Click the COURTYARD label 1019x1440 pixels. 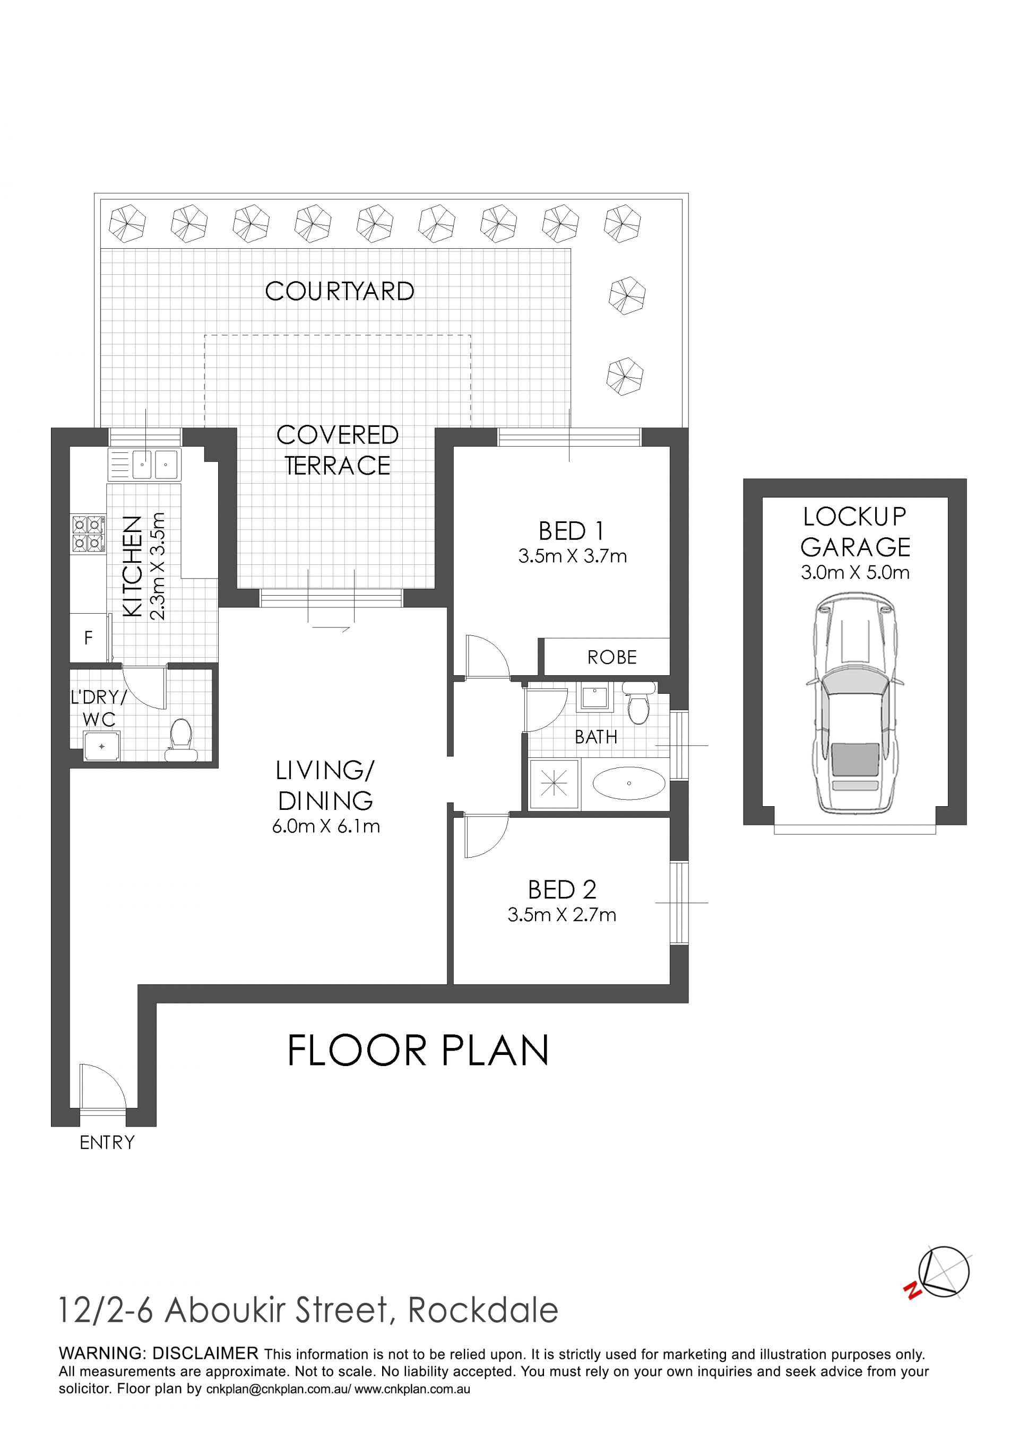(x=340, y=291)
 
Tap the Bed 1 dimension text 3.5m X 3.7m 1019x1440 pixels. (x=572, y=556)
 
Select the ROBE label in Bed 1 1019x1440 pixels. (x=612, y=657)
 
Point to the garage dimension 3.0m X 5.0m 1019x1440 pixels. (x=854, y=572)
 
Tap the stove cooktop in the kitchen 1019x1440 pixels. (x=88, y=533)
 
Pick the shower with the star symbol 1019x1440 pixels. (x=554, y=783)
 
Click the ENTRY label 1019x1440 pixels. (x=107, y=1142)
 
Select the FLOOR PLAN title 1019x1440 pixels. (x=418, y=1051)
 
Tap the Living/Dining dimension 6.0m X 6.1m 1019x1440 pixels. (x=326, y=827)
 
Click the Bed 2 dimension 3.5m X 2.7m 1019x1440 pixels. (x=562, y=915)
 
